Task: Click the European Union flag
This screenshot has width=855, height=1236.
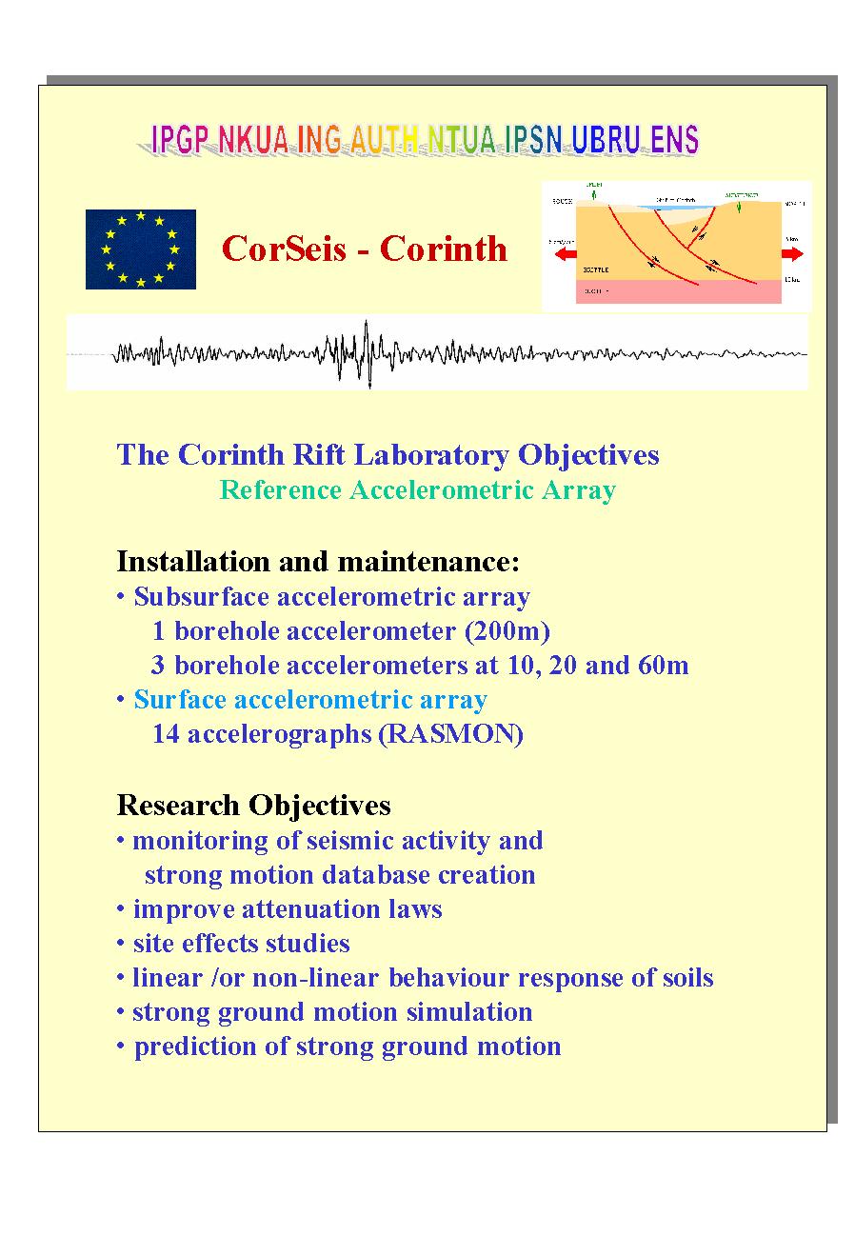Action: tap(141, 249)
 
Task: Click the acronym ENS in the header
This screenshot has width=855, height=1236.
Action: tap(674, 141)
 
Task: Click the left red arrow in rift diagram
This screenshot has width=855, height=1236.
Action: tap(568, 254)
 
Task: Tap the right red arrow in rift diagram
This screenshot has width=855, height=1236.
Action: tap(792, 254)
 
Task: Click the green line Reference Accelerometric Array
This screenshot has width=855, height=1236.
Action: tap(417, 490)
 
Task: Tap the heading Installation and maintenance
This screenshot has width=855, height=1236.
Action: tap(318, 562)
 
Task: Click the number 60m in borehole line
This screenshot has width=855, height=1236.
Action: tap(664, 666)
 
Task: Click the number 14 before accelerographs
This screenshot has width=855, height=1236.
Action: tap(167, 734)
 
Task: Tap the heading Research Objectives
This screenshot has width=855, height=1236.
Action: tap(253, 806)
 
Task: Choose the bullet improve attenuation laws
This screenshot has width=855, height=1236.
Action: tap(287, 909)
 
